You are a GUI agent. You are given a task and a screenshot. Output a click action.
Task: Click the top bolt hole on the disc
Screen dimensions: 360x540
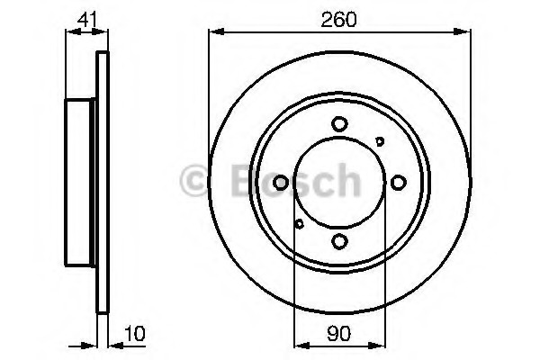click(339, 124)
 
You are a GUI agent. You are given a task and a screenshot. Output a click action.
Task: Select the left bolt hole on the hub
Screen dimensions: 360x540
click(281, 183)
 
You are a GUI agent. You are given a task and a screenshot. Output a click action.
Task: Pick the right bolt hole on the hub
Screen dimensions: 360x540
click(398, 183)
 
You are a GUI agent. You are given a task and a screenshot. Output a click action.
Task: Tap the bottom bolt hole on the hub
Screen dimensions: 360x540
click(339, 241)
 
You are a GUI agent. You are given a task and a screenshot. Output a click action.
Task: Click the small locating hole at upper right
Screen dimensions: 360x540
click(380, 140)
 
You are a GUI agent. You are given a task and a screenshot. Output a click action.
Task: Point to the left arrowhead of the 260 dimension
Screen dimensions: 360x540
click(214, 32)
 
